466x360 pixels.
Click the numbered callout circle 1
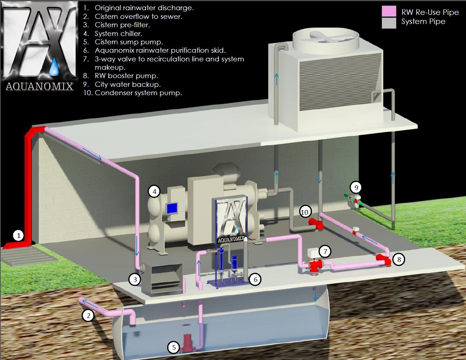18,235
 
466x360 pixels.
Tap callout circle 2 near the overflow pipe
88,315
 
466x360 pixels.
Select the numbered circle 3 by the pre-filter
135,279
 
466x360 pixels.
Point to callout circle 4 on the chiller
154,191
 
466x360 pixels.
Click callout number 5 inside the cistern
174,348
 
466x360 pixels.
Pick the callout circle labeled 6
256,279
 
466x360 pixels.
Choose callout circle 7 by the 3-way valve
326,251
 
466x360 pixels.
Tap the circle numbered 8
399,259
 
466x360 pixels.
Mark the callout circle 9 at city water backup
356,187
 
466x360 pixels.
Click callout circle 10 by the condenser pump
305,212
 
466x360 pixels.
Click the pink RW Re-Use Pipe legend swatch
389,11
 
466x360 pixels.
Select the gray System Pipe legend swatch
389,23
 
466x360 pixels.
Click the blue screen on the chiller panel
171,209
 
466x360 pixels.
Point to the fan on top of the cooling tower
326,36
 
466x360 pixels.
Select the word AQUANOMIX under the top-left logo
40,86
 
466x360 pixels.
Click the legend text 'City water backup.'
127,84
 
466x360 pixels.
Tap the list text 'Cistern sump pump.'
128,42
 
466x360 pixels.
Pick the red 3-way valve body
313,266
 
